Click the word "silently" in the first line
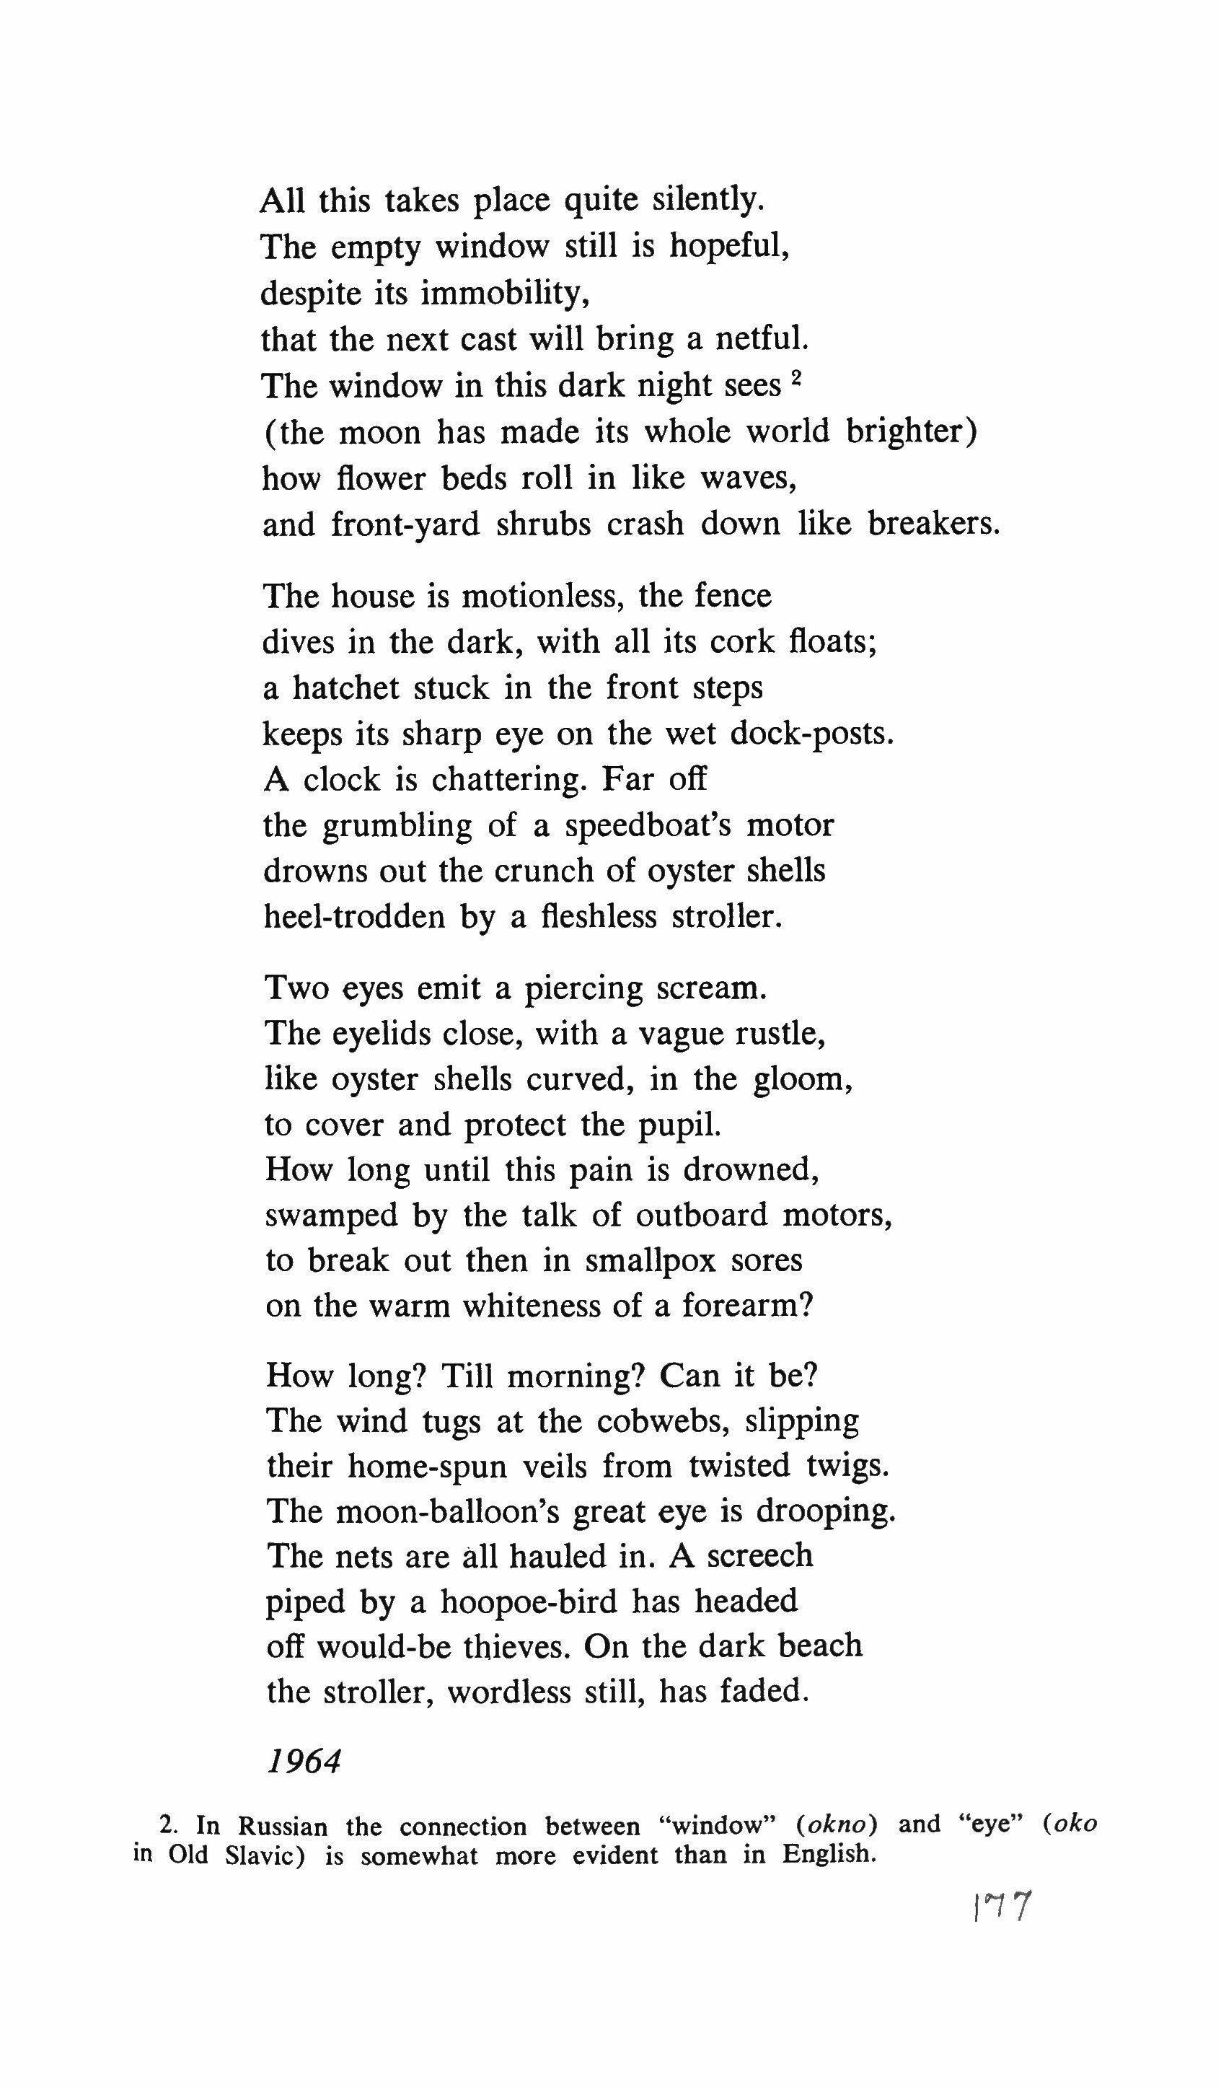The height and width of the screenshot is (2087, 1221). (x=705, y=201)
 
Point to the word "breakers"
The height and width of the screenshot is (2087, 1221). (x=933, y=524)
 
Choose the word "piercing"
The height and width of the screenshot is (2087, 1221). (x=583, y=989)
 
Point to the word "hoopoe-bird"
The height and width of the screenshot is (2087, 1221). (x=529, y=1602)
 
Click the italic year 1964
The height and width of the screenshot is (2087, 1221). (x=304, y=1762)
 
